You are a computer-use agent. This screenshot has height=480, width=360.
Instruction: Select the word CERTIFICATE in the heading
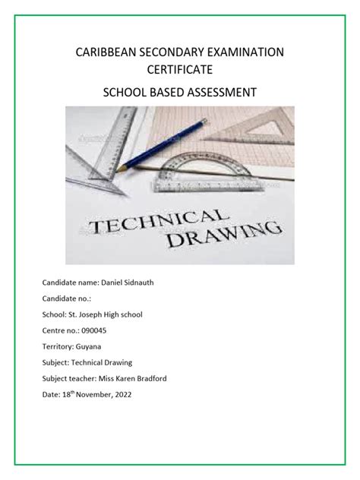tap(179, 69)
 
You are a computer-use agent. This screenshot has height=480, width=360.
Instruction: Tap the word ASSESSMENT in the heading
tap(219, 93)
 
